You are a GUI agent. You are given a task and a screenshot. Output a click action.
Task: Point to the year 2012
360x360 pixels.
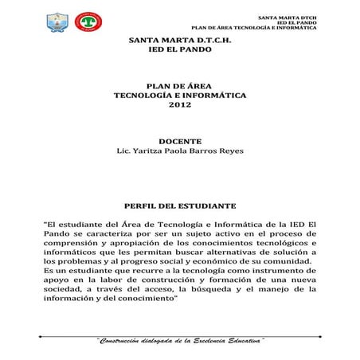(179, 104)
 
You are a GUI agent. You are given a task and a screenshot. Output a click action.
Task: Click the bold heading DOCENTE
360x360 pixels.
(179, 140)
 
